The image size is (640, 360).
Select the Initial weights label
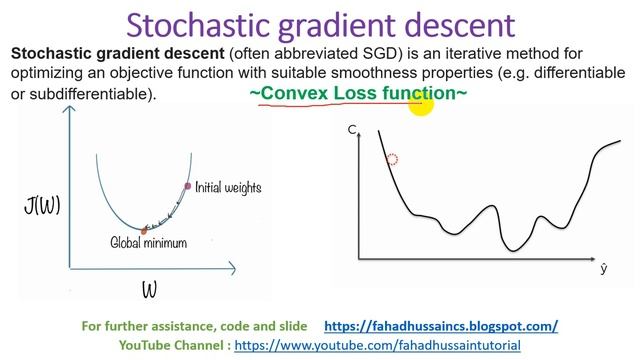pos(228,187)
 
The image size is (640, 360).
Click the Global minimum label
pos(148,242)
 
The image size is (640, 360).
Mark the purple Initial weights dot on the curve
pos(187,186)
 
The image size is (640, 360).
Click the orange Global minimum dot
pos(144,230)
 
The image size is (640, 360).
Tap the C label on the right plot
pos(353,131)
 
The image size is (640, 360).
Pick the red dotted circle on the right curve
pos(392,159)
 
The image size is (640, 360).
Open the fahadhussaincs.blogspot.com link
pos(441,326)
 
